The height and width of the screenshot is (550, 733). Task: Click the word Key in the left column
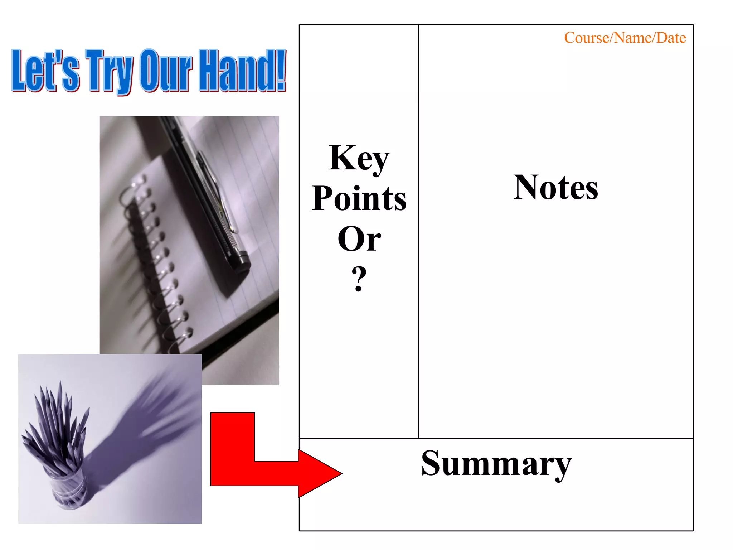click(359, 158)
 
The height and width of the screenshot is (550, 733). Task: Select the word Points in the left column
click(359, 198)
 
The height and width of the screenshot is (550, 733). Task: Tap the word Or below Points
click(359, 238)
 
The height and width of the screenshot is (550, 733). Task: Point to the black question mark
click(359, 279)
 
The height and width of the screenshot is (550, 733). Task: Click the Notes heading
click(555, 187)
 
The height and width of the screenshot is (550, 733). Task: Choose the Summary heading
click(496, 463)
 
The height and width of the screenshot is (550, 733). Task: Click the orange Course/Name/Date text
click(625, 38)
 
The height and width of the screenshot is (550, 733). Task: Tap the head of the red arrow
click(319, 473)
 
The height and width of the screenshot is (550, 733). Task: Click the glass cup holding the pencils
click(68, 487)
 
